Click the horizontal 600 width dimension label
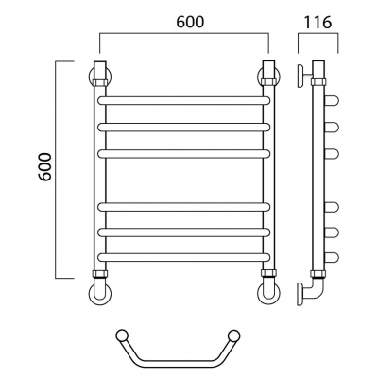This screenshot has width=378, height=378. pos(190,22)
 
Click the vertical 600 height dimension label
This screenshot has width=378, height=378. pos(45,166)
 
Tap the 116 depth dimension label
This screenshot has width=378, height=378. pos(318,22)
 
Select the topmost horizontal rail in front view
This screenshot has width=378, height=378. pos(184,100)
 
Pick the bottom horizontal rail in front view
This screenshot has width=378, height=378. pos(184,257)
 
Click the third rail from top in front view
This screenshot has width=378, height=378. pos(184,153)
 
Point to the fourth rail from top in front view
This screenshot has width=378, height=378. pos(184,207)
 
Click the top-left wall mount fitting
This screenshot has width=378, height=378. pos(100,74)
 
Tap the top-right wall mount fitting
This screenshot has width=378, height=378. pos(269,74)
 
